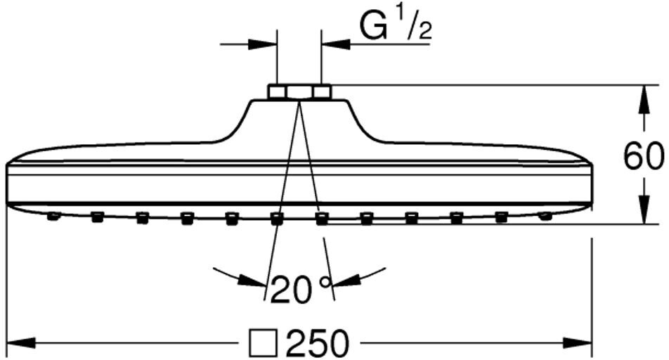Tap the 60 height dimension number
(643, 156)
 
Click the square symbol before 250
(261, 345)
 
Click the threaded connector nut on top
(299, 91)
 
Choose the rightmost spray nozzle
(545, 216)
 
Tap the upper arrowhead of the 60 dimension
(643, 98)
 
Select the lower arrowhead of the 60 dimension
(643, 210)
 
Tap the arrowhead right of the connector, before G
(334, 44)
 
